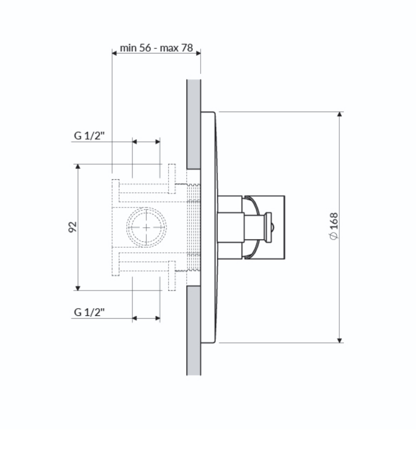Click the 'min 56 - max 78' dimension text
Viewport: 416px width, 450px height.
[156, 48]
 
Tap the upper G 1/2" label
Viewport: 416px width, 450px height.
[89, 135]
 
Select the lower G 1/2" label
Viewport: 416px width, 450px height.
[89, 312]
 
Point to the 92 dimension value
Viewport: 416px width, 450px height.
[73, 227]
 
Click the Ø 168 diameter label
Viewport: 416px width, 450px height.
[334, 226]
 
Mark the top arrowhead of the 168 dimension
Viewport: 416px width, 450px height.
[339, 114]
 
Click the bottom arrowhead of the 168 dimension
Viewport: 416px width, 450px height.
[339, 340]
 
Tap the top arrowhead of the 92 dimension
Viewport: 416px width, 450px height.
[78, 167]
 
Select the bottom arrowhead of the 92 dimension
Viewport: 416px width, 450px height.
[78, 288]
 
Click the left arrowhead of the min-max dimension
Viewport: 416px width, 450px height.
[114, 53]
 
